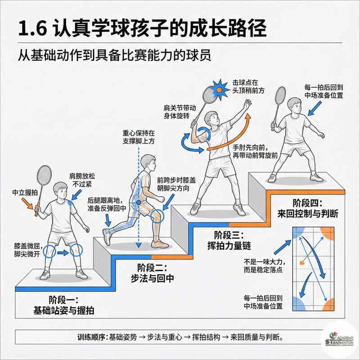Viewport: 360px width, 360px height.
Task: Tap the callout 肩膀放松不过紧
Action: (81, 179)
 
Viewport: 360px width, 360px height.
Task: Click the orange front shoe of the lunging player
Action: (160, 243)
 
